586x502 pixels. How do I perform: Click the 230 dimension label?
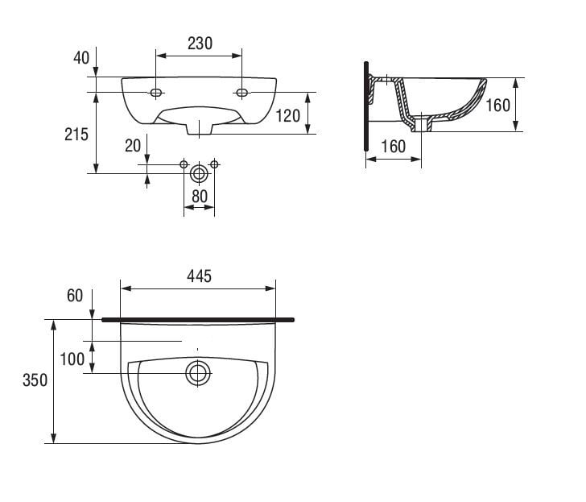(x=200, y=44)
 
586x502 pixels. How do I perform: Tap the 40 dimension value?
(x=81, y=58)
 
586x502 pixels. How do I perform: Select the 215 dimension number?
(x=76, y=135)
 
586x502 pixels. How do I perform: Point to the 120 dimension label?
(x=288, y=116)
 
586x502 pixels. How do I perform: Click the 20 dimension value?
(x=133, y=146)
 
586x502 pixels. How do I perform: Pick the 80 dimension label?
(x=199, y=197)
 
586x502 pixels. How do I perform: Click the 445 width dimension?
(x=199, y=276)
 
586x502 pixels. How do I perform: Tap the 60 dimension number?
(x=75, y=296)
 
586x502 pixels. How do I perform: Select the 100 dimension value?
(x=72, y=359)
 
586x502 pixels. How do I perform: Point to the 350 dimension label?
(x=35, y=380)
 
